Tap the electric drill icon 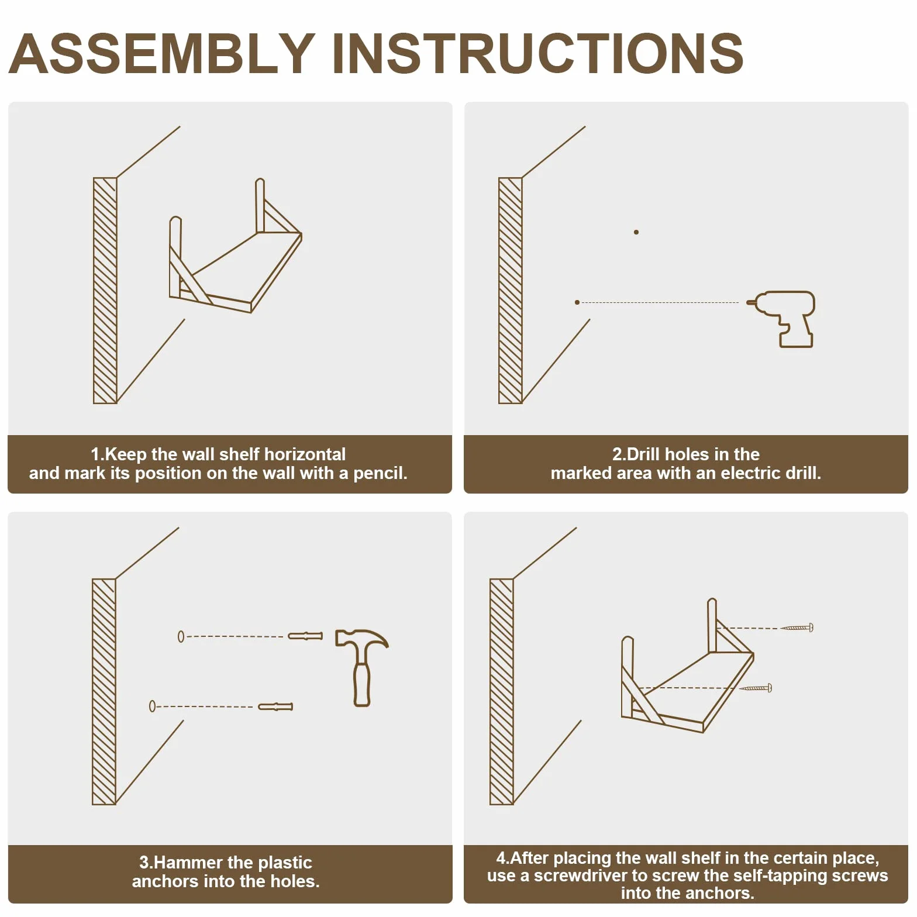[781, 319]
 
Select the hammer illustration [361, 667]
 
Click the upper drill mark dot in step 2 [636, 232]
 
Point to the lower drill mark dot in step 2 [577, 302]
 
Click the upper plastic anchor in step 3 [305, 636]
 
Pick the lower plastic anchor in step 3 [275, 706]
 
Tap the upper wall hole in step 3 [181, 636]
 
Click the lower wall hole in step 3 [152, 706]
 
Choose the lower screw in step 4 [756, 688]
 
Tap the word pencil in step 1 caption [380, 473]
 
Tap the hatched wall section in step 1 [105, 291]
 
